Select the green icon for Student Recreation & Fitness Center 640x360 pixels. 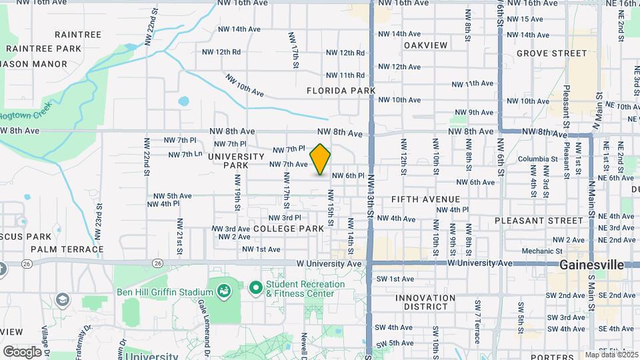255,289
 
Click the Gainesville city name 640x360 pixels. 591,265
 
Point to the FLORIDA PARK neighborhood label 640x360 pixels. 341,90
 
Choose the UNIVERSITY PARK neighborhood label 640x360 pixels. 237,160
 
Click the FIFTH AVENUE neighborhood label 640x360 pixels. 426,199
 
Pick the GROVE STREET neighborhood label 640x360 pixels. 551,53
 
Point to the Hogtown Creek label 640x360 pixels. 25,114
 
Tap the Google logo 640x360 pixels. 22,351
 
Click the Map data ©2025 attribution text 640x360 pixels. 611,355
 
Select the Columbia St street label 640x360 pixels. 537,159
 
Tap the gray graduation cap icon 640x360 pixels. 63,299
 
